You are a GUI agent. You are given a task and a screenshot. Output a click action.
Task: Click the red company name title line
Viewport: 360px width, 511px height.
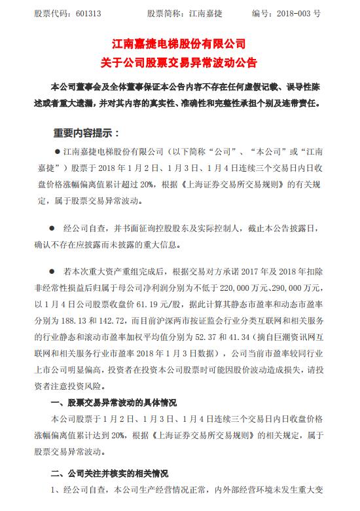(179, 45)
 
